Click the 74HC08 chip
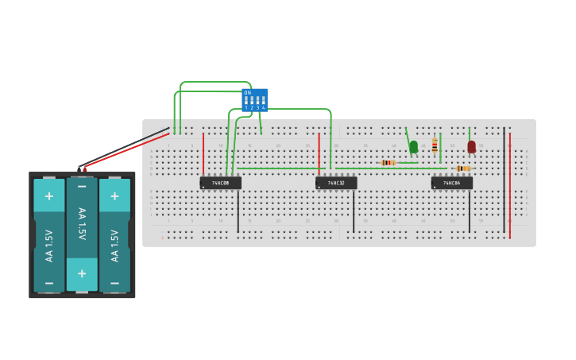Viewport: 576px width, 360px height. coord(220,183)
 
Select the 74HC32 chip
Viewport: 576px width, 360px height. coord(336,183)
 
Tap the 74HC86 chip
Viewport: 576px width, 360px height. coord(451,183)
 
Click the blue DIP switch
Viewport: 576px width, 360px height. coord(255,100)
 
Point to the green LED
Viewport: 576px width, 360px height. coord(413,146)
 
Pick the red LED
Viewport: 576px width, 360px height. coord(471,146)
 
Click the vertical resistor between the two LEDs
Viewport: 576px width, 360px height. coord(435,145)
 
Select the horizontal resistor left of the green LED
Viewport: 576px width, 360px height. coord(388,162)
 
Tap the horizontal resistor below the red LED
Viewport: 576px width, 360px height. coord(463,168)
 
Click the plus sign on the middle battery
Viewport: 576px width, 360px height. coord(82,273)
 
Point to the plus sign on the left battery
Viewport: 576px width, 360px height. coord(49,196)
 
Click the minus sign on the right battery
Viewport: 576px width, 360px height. coord(114,282)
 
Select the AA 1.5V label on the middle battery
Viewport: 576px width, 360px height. coord(82,226)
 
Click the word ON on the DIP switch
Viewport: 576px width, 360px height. coord(247,93)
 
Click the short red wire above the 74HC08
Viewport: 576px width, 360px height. coord(203,153)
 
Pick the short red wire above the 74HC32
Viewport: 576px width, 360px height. coord(319,153)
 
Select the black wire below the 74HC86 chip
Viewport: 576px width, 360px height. coord(469,211)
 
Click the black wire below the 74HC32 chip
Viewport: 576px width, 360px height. coord(354,211)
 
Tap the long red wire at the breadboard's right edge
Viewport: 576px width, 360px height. coord(510,183)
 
